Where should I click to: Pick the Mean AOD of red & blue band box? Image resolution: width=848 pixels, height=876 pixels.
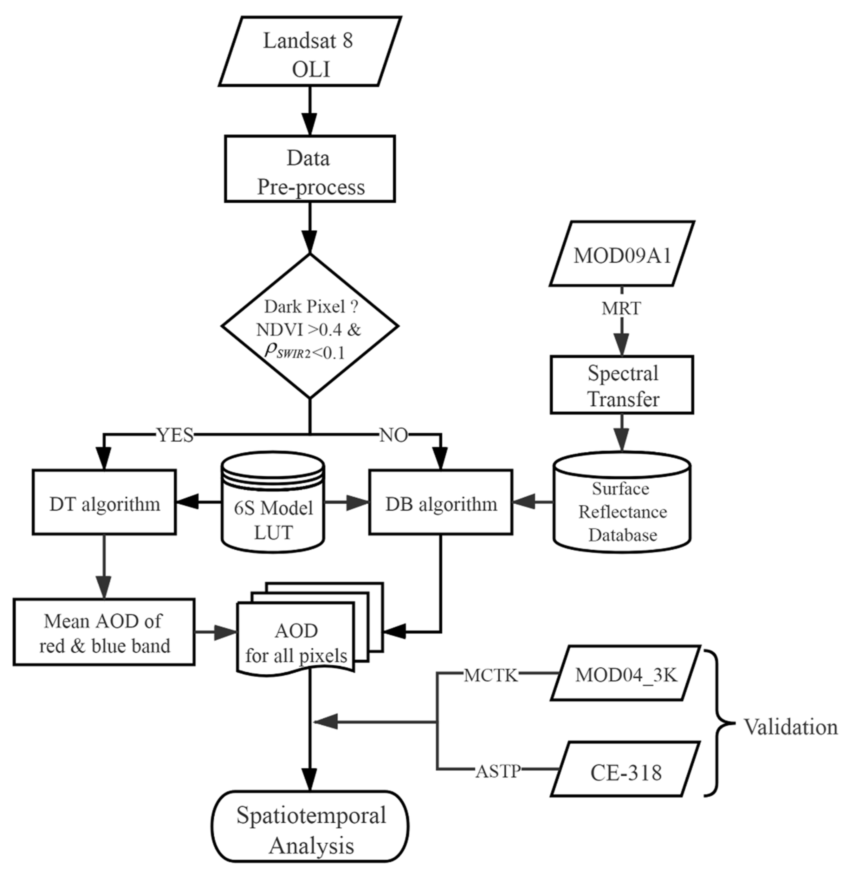click(x=104, y=632)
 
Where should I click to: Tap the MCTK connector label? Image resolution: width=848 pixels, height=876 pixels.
click(x=491, y=675)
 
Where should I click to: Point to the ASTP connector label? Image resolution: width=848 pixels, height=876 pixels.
click(x=498, y=770)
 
